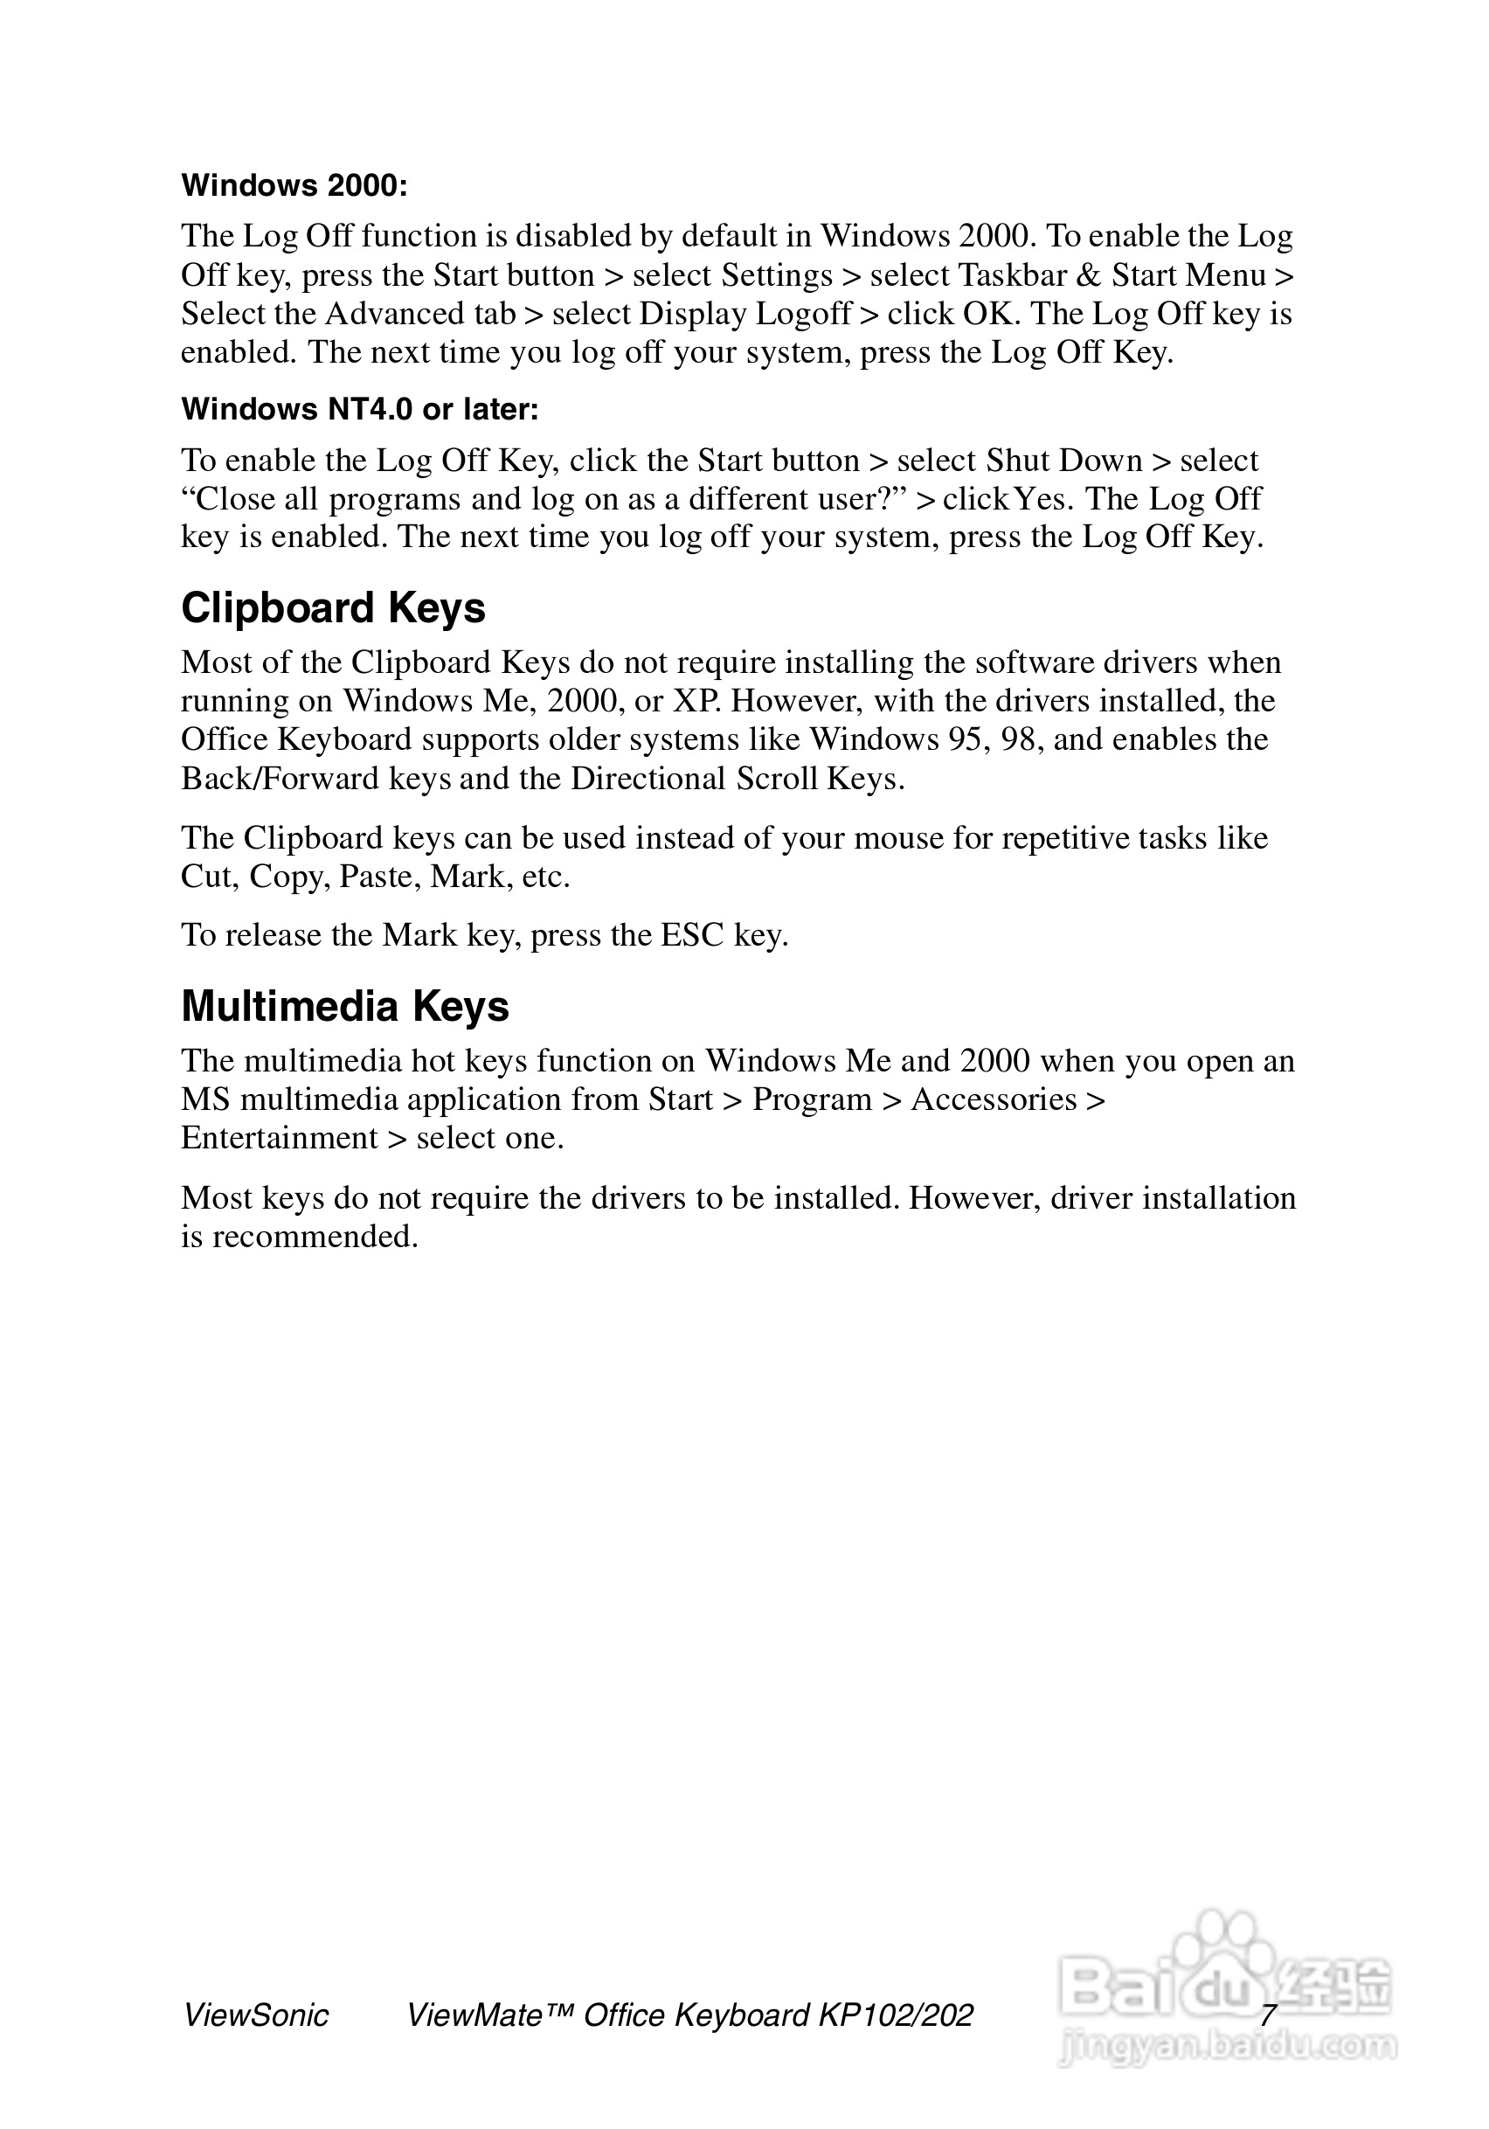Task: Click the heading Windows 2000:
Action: point(294,185)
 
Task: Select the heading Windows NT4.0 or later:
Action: point(360,409)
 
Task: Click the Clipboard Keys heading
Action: point(333,608)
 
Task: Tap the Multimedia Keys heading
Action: point(345,1006)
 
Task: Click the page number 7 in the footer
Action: point(1267,2015)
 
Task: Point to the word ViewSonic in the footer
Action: point(256,2016)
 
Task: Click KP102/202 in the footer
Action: point(896,2016)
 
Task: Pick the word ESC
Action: point(690,934)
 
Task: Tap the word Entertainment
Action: point(279,1138)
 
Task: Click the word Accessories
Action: point(994,1099)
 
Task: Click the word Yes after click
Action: point(1043,499)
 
